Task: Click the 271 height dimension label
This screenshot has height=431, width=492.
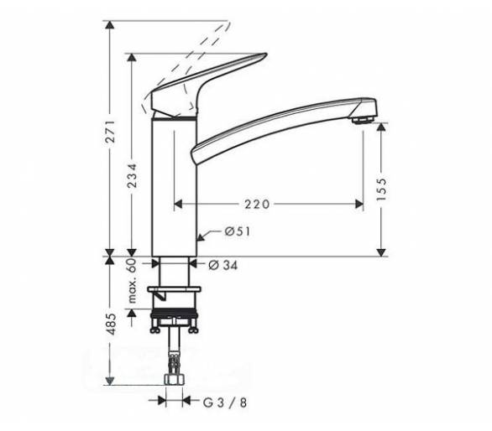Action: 110,132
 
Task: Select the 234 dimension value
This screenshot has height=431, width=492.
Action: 132,175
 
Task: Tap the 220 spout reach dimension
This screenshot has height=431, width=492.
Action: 257,205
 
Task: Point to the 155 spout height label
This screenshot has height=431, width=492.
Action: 381,190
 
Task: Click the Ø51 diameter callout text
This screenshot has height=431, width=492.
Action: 238,231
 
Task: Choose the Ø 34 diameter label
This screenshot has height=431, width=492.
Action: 223,266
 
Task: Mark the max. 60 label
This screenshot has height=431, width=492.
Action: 133,281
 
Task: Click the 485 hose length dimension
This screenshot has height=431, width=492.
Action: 111,324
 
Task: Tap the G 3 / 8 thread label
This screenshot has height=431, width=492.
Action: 225,402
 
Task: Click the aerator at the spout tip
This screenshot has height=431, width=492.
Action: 362,120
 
